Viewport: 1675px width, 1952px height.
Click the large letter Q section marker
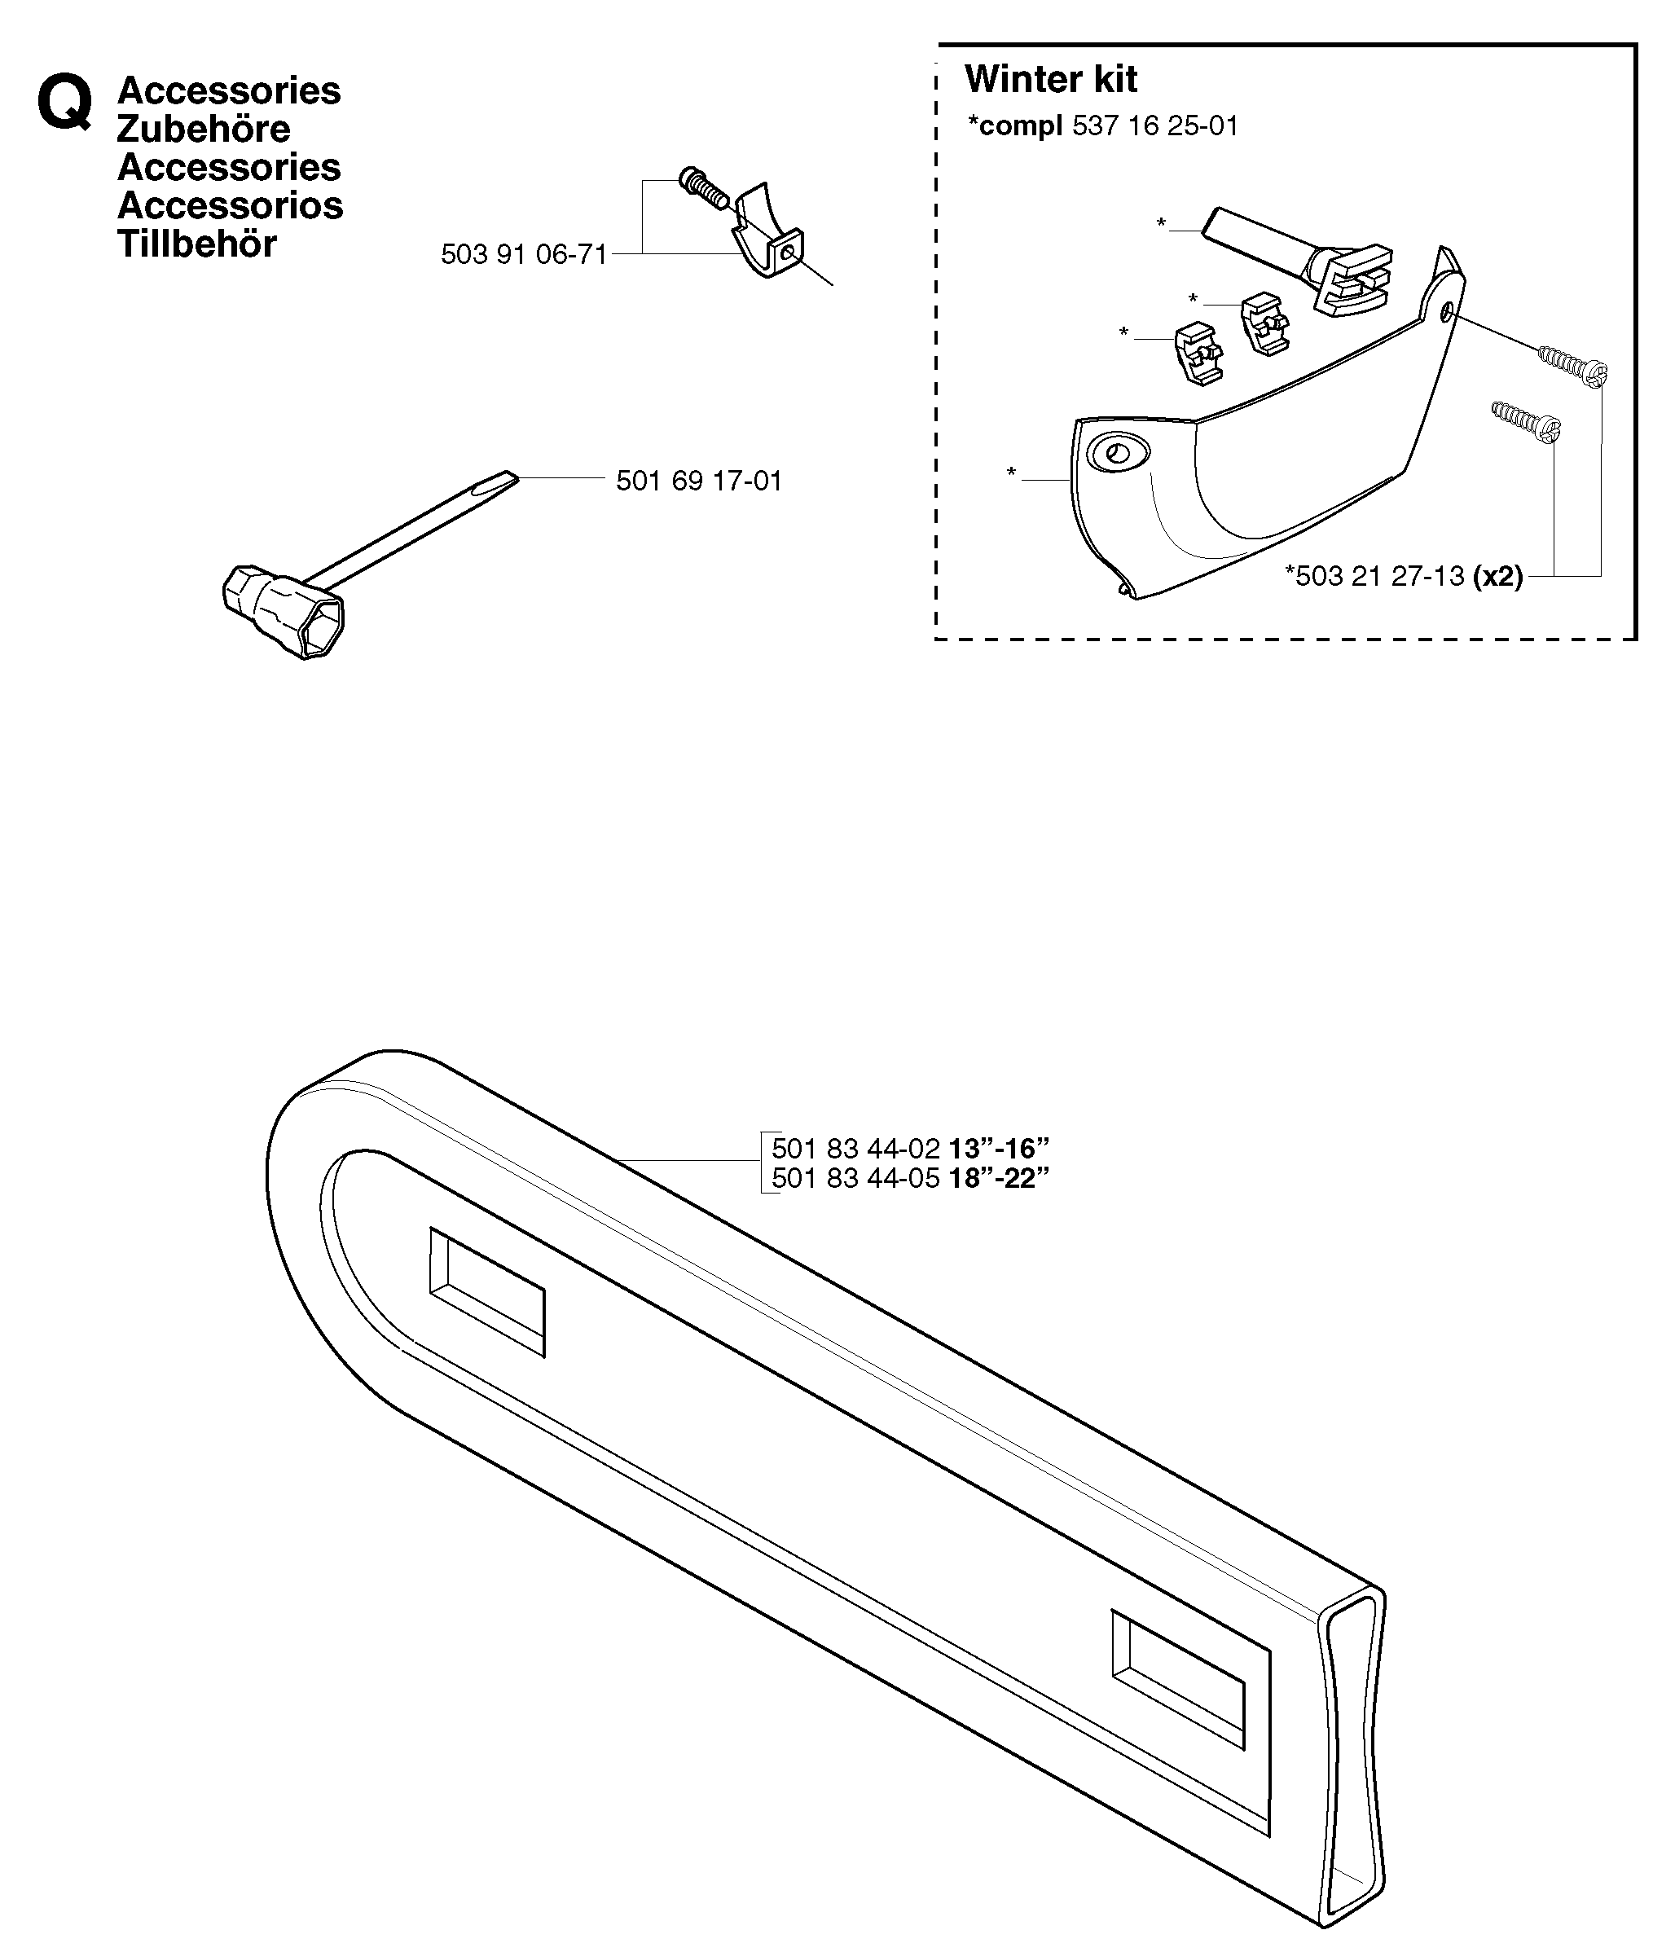65,103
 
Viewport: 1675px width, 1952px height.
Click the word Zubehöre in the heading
204,129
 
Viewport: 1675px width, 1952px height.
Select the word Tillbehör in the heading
197,244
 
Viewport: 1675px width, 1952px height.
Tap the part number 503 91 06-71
524,254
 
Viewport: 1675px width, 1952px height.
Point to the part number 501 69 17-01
699,481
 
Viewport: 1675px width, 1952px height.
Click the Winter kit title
1050,79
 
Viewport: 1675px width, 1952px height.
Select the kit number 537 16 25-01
1155,125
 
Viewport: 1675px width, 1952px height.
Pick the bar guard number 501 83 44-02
855,1149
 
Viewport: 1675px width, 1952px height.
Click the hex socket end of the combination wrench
284,613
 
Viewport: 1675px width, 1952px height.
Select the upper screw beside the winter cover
1572,366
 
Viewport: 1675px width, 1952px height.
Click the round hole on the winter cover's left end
1117,453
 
